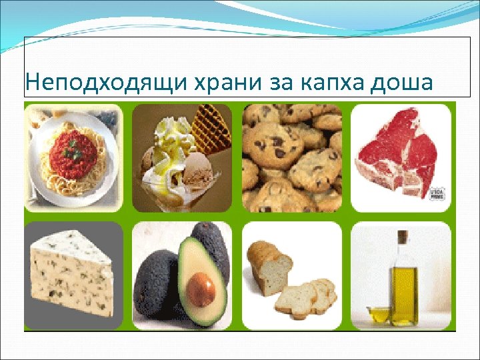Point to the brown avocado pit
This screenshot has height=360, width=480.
point(201,291)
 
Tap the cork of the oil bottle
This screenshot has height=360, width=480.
point(402,236)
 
